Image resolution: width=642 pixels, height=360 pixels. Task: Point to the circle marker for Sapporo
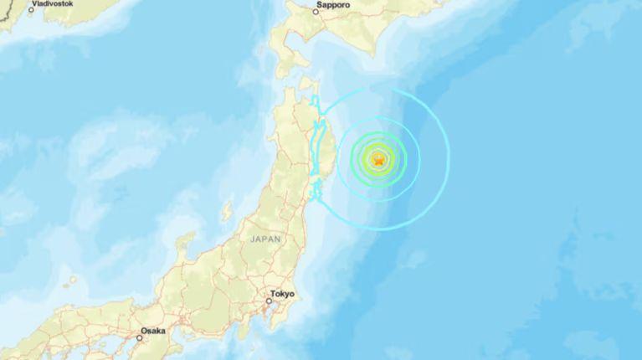click(316, 12)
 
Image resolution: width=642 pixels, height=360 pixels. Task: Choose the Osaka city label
click(152, 331)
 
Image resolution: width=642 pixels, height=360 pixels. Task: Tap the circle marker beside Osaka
click(141, 337)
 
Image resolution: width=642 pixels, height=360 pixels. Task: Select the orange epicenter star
click(379, 158)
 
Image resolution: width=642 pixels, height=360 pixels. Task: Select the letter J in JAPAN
click(252, 239)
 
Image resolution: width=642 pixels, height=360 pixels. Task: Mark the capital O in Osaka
click(141, 331)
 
